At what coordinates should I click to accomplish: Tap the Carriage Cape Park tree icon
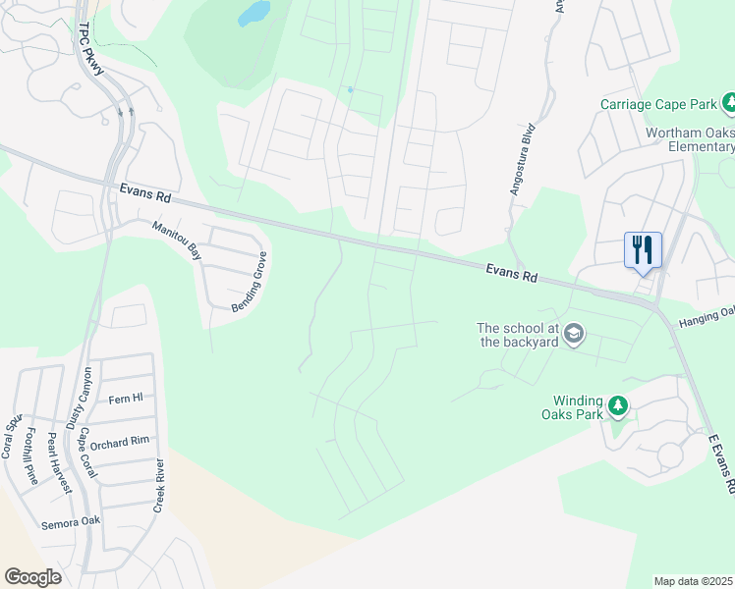click(x=729, y=103)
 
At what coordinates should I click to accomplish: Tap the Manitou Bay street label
click(x=176, y=240)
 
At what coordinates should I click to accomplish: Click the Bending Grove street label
click(x=250, y=283)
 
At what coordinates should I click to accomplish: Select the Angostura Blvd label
click(x=521, y=160)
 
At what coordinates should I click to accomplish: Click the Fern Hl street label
click(x=126, y=399)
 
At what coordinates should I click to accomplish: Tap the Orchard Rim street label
click(x=127, y=443)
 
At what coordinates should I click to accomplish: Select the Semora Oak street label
click(x=71, y=523)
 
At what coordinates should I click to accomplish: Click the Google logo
click(x=32, y=576)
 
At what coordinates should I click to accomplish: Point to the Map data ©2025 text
click(x=694, y=581)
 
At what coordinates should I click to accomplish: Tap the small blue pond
click(x=254, y=13)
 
